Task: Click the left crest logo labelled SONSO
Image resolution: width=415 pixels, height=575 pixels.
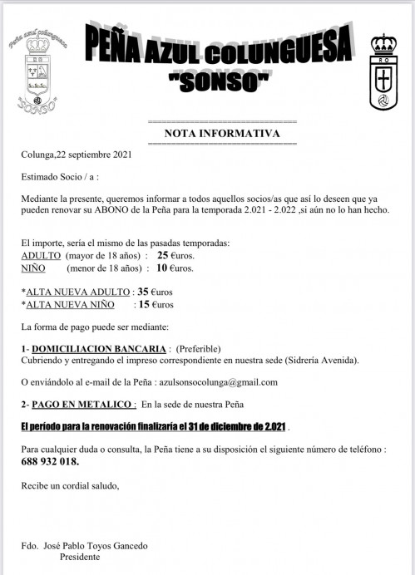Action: pyautogui.click(x=38, y=74)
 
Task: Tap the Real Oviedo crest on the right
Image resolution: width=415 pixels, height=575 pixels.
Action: pyautogui.click(x=383, y=72)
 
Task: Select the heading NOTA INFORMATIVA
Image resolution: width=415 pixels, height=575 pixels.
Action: pyautogui.click(x=217, y=133)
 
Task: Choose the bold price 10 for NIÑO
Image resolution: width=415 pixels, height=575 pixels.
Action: pyautogui.click(x=163, y=268)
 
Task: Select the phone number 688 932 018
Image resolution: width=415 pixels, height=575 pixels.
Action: pyautogui.click(x=50, y=462)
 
